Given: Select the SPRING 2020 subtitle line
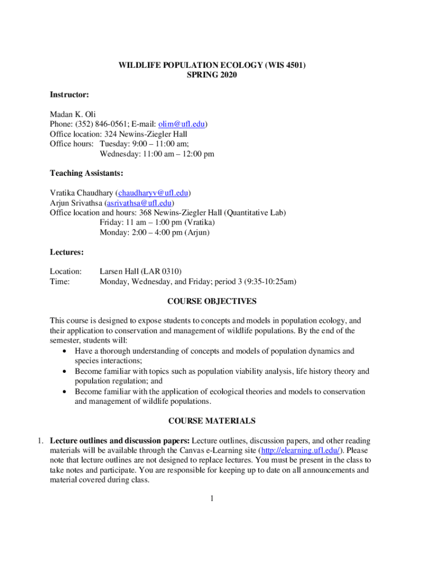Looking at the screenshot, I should click(212, 75).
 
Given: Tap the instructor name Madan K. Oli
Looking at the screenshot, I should click(73, 115).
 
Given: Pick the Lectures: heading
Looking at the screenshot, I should click(67, 252).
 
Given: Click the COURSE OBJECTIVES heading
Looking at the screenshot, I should click(212, 301).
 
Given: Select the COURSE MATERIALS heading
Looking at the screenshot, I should click(212, 421).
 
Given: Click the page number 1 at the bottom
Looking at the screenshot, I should click(212, 499).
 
